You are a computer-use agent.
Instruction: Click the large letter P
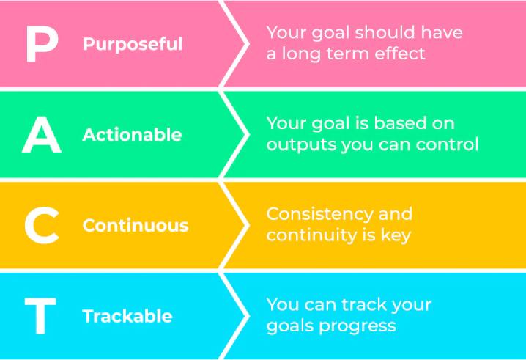(42, 44)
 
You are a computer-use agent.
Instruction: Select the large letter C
(42, 225)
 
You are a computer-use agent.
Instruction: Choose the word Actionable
(132, 135)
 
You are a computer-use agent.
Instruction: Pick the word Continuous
(136, 225)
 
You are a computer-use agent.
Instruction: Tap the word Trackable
(127, 316)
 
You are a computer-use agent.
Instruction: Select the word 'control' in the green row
(449, 144)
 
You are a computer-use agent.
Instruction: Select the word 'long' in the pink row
(297, 54)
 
